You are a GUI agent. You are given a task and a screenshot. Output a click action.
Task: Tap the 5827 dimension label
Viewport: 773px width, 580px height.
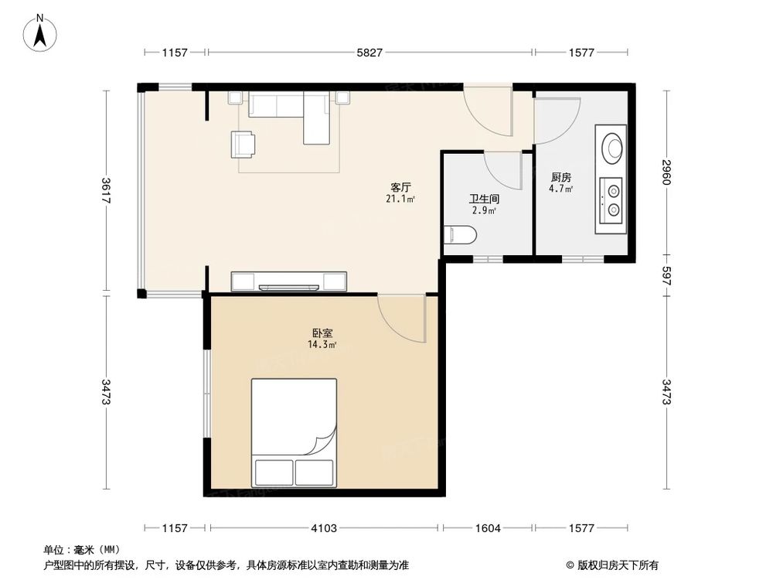[x=369, y=53]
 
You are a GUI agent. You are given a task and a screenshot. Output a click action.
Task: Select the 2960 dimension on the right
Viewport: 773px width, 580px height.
[x=666, y=172]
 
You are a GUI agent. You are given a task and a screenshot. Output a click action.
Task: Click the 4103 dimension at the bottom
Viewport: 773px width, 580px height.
[x=323, y=528]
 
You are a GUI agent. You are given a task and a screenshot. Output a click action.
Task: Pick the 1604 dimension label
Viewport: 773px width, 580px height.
[x=488, y=528]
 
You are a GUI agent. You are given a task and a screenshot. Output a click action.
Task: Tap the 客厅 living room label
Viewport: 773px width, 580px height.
[x=400, y=187]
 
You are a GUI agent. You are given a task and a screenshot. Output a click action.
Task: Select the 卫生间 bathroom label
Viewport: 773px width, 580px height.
[x=484, y=198]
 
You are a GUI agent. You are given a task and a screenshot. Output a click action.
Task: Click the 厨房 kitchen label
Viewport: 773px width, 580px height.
[x=560, y=177]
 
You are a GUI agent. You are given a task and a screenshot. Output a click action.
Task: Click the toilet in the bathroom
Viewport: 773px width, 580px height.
[x=461, y=234]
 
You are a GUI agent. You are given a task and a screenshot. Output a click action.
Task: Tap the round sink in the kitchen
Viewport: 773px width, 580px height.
[x=613, y=147]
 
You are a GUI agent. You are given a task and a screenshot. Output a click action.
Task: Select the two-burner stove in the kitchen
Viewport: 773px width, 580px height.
[x=613, y=198]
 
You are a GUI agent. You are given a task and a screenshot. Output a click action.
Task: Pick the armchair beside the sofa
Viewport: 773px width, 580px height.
[x=242, y=144]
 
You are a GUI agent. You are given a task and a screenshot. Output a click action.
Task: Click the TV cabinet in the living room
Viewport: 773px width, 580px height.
[x=289, y=281]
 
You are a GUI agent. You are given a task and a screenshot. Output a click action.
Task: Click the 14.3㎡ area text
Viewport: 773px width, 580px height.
[x=322, y=345]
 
